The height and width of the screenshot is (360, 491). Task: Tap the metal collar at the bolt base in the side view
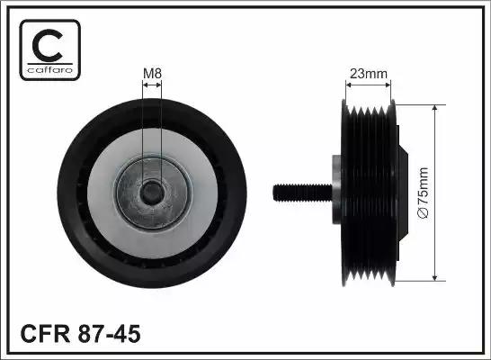click(335, 191)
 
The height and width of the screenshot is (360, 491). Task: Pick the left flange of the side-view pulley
click(345, 191)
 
